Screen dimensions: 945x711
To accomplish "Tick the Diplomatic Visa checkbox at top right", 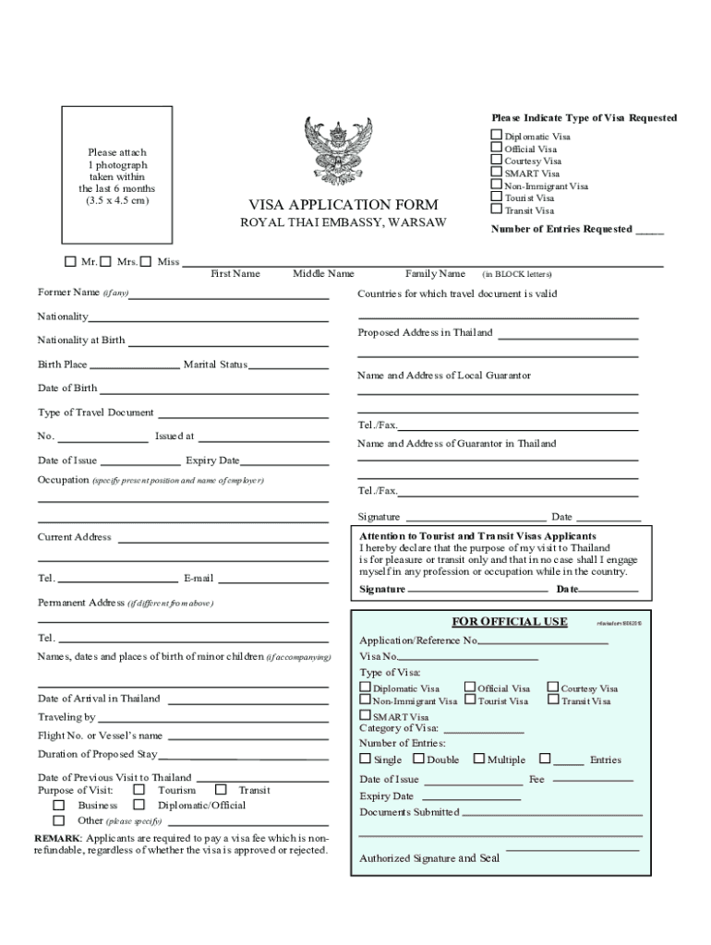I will click(x=497, y=136).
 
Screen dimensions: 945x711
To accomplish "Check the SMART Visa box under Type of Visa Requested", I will click(x=497, y=173).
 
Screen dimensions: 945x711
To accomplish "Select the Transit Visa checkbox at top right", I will click(x=497, y=209).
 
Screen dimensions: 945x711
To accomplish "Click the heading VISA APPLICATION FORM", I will click(x=343, y=205).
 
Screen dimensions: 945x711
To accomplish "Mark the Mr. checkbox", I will click(x=71, y=261).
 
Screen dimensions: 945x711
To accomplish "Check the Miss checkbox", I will click(x=149, y=261).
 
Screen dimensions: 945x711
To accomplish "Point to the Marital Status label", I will click(x=215, y=365).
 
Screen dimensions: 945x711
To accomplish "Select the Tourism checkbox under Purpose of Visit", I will click(x=139, y=790).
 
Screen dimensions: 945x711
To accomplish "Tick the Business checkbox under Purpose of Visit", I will click(x=59, y=805).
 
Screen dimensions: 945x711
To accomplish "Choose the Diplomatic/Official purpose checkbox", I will click(x=139, y=805).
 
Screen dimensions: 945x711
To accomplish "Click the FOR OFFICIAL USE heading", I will click(x=509, y=621).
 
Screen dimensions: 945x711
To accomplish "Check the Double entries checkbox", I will click(x=418, y=759).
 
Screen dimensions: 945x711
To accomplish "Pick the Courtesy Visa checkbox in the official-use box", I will click(x=553, y=687).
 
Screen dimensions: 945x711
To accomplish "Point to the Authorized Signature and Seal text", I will click(x=429, y=858).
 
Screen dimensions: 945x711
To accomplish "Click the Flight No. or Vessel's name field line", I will click(x=247, y=739).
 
